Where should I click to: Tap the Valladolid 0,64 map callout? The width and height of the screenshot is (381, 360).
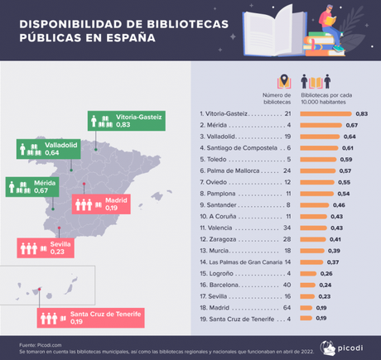43,149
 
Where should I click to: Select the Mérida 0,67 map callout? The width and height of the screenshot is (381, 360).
32,186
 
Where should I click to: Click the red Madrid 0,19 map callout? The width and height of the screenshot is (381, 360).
100,204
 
